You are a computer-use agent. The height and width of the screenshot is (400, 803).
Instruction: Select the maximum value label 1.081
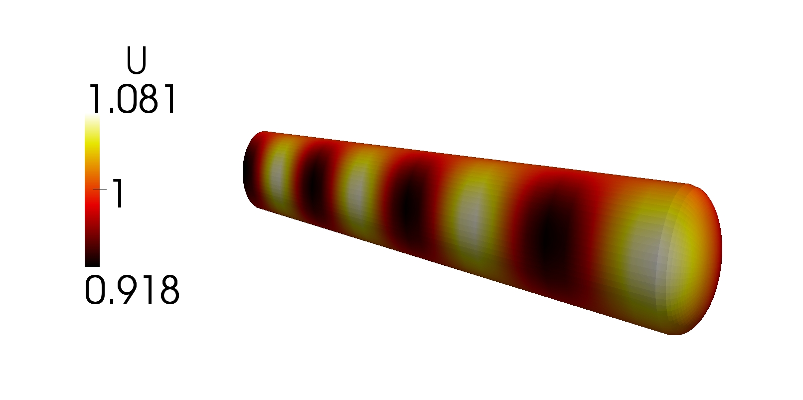(132, 99)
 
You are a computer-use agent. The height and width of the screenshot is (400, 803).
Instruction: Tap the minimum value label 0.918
(132, 291)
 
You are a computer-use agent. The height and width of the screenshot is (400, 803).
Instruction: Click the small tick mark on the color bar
(100, 189)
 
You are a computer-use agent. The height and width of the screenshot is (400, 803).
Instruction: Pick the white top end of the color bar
(92, 120)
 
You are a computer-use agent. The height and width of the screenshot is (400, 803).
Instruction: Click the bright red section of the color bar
(92, 208)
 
